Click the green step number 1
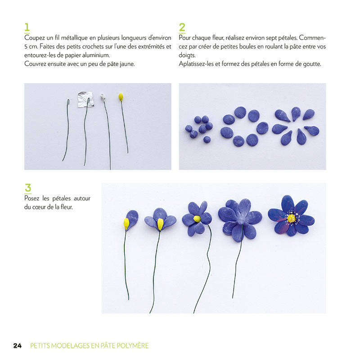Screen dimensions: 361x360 pyautogui.click(x=27, y=27)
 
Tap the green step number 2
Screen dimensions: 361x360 pyautogui.click(x=182, y=27)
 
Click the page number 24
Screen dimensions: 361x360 pyautogui.click(x=18, y=346)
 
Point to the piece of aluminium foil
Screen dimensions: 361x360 pyautogui.click(x=85, y=99)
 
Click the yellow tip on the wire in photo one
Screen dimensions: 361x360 pyautogui.click(x=121, y=97)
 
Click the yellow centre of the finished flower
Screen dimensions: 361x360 pyautogui.click(x=291, y=218)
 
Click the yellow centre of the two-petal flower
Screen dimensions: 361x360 pyautogui.click(x=160, y=223)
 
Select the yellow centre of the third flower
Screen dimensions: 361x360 pyautogui.click(x=197, y=218)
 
